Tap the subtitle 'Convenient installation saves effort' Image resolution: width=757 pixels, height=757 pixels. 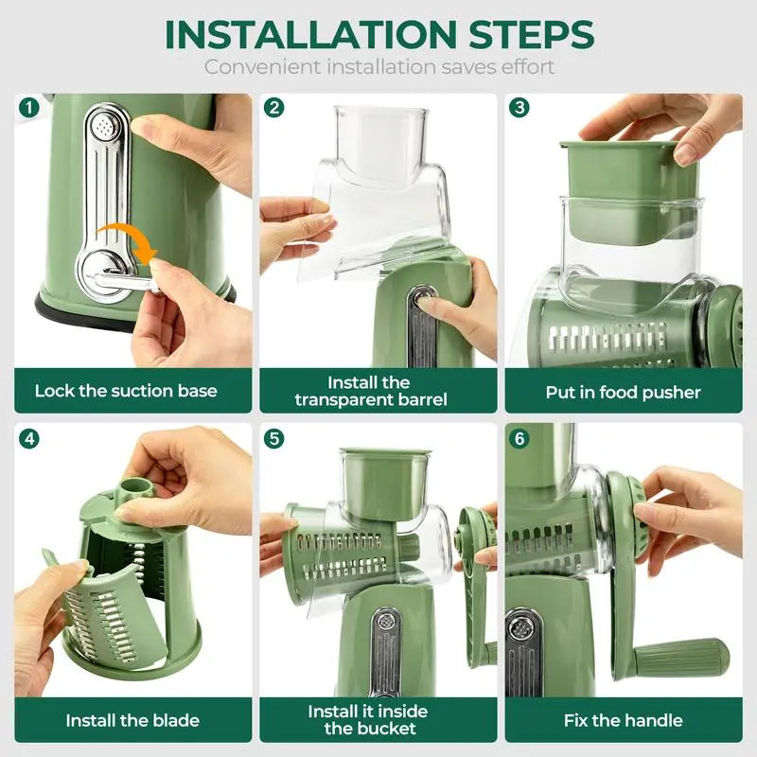[379, 67]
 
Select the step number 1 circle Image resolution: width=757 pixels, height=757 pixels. [28, 107]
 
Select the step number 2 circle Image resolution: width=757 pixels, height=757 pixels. [274, 107]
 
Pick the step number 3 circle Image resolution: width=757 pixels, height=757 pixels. [519, 107]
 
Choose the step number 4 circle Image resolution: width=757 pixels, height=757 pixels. [28, 438]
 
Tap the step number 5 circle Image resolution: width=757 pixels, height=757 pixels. [274, 438]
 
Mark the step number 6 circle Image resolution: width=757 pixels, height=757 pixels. [519, 438]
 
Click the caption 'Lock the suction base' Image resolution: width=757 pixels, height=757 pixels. [126, 391]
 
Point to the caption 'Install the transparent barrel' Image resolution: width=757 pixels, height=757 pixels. [370, 391]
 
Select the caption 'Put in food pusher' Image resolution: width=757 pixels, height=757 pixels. [623, 391]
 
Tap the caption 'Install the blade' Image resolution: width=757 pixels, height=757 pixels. [132, 720]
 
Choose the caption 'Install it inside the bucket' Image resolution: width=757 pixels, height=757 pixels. [368, 719]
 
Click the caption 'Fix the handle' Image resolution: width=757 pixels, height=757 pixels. [623, 720]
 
